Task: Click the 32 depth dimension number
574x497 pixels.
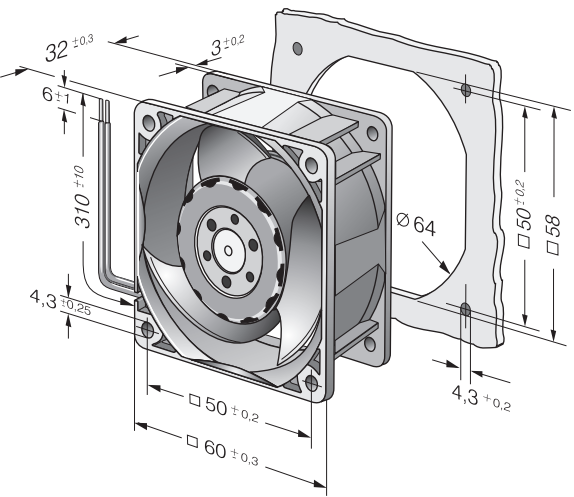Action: [x=57, y=51]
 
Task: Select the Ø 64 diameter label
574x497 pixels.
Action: [x=416, y=224]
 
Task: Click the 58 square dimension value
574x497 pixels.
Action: [x=553, y=226]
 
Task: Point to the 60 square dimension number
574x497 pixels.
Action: [x=215, y=448]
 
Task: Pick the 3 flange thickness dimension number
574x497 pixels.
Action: [x=217, y=48]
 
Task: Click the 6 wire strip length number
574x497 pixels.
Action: [x=48, y=94]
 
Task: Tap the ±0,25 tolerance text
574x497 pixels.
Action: [x=75, y=308]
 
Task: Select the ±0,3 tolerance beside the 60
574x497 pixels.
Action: [x=245, y=458]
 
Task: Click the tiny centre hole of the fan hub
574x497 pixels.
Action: [x=228, y=251]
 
